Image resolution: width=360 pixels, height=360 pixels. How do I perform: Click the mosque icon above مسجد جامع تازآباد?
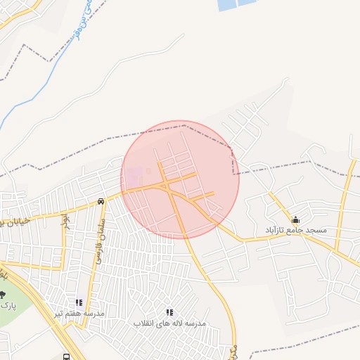pyautogui.click(x=295, y=219)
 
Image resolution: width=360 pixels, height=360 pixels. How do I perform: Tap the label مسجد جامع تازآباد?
pyautogui.click(x=296, y=231)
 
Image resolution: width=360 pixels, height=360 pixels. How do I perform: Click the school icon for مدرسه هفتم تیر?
pyautogui.click(x=79, y=302)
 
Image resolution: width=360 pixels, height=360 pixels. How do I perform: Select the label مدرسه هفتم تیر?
pyautogui.click(x=81, y=313)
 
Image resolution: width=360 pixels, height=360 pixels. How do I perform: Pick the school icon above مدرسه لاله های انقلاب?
pyautogui.click(x=169, y=311)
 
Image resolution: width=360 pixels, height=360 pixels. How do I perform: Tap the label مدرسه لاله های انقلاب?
pyautogui.click(x=169, y=323)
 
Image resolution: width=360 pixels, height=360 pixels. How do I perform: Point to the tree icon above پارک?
pyautogui.click(x=3, y=295)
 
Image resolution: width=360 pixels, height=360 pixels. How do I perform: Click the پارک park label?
pyautogui.click(x=8, y=306)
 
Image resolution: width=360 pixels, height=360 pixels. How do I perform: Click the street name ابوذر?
pyautogui.click(x=65, y=221)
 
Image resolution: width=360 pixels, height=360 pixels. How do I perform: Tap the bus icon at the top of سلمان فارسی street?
pyautogui.click(x=101, y=202)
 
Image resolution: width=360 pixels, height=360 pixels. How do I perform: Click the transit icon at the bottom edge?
pyautogui.click(x=66, y=356)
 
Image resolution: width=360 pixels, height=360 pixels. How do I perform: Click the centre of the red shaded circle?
pyautogui.click(x=180, y=179)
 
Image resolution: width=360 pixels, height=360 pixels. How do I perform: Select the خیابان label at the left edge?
pyautogui.click(x=13, y=221)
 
